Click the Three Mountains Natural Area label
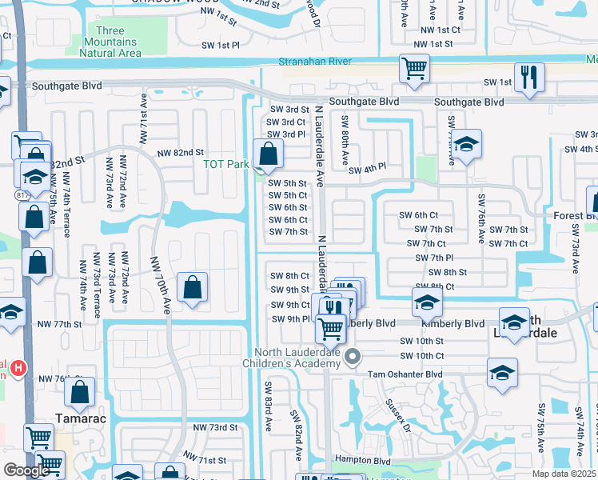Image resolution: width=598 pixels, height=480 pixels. click(110, 42)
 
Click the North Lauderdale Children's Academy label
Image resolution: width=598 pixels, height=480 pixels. click(303, 358)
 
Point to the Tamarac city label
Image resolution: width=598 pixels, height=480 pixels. click(80, 417)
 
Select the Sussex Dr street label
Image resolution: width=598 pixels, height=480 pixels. click(398, 414)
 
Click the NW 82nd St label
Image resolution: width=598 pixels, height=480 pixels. click(181, 152)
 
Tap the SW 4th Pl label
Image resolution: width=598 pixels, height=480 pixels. click(368, 168)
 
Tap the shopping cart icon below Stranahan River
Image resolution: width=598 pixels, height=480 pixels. click(414, 69)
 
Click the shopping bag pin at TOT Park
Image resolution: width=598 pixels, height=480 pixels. click(268, 154)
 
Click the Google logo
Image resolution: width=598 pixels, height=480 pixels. click(26, 470)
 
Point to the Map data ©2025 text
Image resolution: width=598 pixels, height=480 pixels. click(563, 474)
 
